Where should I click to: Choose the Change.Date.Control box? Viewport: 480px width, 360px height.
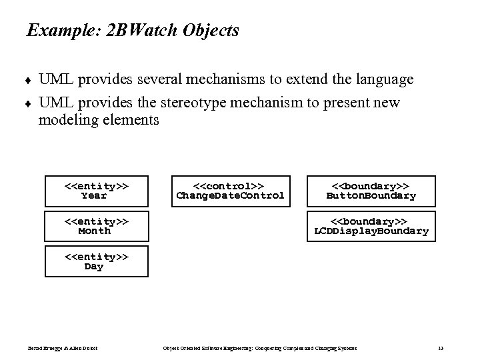coord(230,191)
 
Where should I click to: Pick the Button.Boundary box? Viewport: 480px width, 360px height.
coord(371,191)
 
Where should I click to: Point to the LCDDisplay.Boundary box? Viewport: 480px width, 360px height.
coord(371,226)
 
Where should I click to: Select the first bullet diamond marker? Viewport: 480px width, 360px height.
coord(29,81)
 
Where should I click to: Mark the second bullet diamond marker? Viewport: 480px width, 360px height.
coord(29,103)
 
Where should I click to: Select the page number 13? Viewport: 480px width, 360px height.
coord(441,348)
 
